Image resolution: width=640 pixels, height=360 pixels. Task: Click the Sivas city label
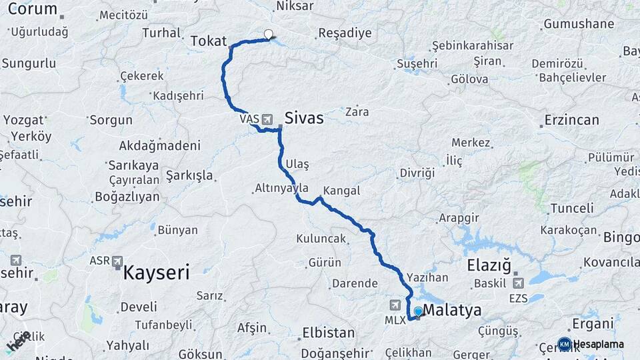304,119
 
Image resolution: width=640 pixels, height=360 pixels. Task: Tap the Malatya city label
452,310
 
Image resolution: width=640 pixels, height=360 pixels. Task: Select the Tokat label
209,41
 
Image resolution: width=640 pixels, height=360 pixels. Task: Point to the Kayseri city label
156,272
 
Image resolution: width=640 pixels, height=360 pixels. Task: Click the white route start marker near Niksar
269,34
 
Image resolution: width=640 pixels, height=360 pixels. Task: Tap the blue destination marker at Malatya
418,311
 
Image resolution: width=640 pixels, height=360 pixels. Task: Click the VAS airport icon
267,119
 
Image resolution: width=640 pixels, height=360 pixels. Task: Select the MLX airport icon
395,305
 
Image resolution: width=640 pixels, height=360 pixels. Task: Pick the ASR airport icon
118,261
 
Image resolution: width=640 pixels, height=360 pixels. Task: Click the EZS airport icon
518,283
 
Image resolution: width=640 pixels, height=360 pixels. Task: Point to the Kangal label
341,191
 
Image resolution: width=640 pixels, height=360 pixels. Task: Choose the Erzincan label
571,121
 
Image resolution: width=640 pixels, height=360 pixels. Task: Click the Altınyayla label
281,189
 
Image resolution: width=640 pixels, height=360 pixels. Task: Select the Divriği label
417,173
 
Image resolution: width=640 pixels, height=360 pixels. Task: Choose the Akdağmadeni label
159,145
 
